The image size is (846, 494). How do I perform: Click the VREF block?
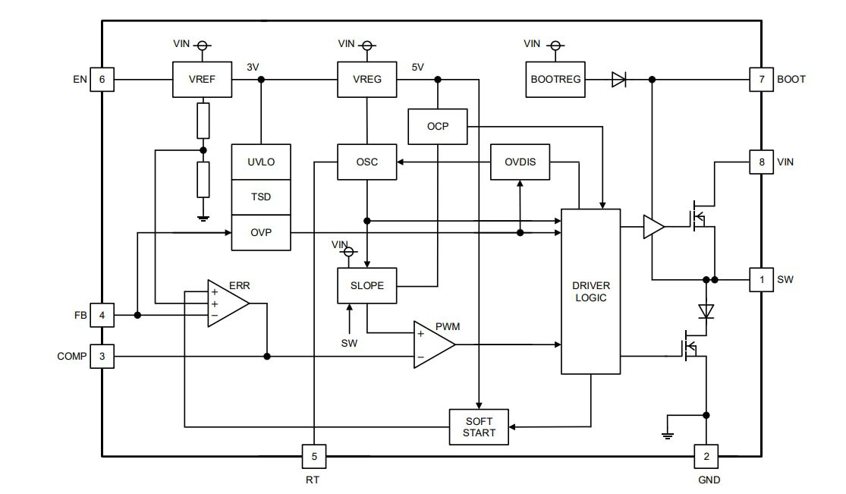(202, 79)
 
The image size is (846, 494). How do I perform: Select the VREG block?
(367, 79)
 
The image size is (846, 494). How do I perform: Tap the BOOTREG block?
(556, 79)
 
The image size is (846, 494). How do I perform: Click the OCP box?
(438, 126)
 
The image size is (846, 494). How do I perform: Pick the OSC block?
(367, 162)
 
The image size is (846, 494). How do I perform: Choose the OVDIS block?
(520, 162)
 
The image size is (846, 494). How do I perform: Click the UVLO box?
(261, 162)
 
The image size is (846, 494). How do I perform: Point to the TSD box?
(261, 197)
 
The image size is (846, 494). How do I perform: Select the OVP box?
(261, 233)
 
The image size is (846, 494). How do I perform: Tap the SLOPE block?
(367, 286)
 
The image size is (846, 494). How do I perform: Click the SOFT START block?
(479, 427)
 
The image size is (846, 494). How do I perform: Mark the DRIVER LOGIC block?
(591, 291)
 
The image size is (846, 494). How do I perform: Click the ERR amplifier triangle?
(226, 304)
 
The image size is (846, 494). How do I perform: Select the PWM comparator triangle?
(432, 345)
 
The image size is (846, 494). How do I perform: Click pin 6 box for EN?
(102, 79)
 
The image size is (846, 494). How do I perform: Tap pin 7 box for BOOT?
(762, 79)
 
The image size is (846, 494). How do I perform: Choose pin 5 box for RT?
(314, 457)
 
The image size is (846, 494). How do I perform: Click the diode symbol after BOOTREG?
(618, 79)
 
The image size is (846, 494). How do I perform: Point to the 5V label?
(417, 67)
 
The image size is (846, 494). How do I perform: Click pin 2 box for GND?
(706, 457)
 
